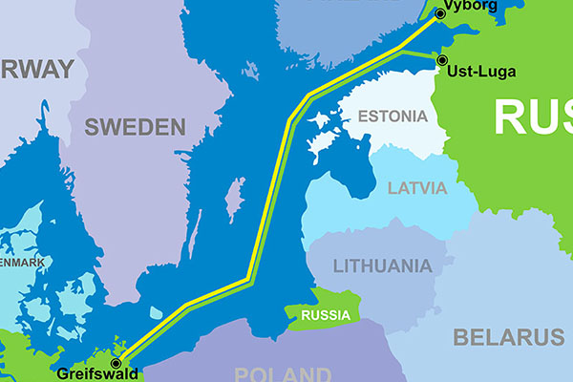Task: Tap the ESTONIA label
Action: click(x=392, y=117)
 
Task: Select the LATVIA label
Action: click(x=417, y=187)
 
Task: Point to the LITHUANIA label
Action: click(x=382, y=265)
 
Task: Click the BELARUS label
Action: click(x=508, y=337)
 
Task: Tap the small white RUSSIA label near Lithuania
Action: click(x=325, y=315)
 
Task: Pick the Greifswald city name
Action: click(x=83, y=373)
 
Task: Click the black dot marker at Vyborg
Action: click(x=440, y=13)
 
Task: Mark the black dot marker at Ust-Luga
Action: click(x=442, y=60)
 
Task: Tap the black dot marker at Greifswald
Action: click(x=117, y=363)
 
